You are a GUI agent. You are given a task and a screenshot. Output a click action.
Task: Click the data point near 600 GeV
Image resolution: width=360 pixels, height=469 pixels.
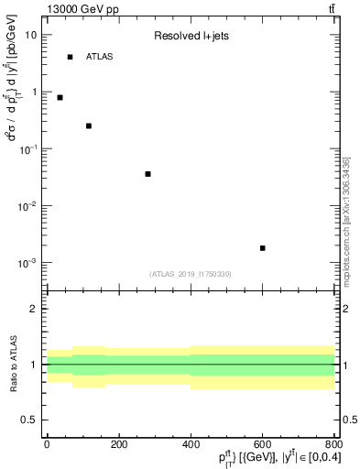262,248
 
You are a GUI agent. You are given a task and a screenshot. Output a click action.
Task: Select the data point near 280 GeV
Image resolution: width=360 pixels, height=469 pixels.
147,174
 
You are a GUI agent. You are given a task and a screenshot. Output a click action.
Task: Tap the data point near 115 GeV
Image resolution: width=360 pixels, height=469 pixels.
89,125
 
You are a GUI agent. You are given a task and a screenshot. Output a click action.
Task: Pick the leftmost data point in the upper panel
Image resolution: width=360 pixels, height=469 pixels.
60,97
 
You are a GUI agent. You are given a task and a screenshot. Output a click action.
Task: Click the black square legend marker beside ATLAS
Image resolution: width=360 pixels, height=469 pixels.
70,57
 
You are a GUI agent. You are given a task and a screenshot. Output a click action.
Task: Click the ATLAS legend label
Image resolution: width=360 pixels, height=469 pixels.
100,57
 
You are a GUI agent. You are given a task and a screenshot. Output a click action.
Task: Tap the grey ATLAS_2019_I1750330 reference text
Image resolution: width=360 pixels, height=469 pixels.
191,274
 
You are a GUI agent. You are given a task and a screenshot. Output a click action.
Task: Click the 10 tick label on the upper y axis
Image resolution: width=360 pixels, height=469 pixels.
31,35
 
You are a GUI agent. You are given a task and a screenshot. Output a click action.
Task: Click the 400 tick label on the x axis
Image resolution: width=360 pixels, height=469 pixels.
191,444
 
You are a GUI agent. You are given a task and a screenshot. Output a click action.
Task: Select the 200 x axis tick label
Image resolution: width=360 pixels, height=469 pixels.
118,444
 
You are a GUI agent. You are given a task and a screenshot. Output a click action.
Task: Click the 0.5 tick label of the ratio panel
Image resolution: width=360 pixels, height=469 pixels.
29,420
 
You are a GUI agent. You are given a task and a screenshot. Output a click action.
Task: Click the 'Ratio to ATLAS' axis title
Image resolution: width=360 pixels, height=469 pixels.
13,364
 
